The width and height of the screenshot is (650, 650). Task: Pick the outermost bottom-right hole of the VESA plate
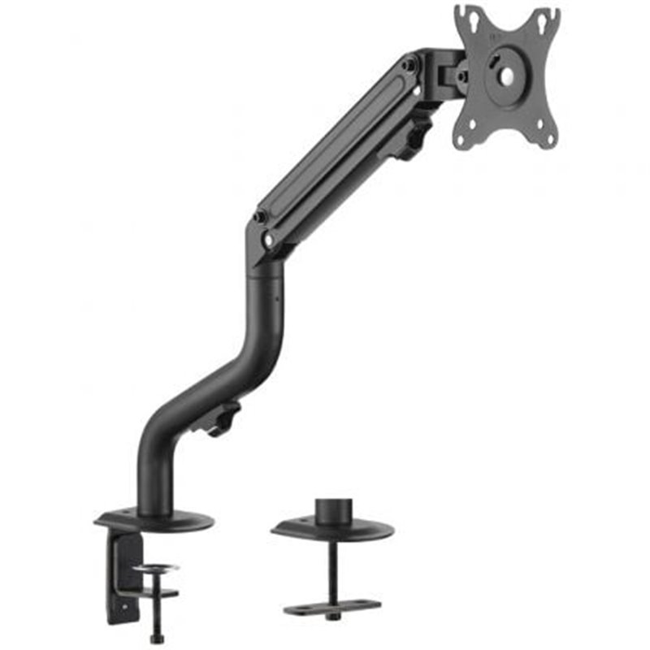549,140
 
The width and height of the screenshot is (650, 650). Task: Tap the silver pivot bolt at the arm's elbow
268,240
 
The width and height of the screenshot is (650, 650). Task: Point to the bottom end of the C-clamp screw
157,638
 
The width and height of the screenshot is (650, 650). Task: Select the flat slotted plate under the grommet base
332,608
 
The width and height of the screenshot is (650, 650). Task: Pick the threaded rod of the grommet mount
332,569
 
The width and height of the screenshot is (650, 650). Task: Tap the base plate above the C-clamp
154,520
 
